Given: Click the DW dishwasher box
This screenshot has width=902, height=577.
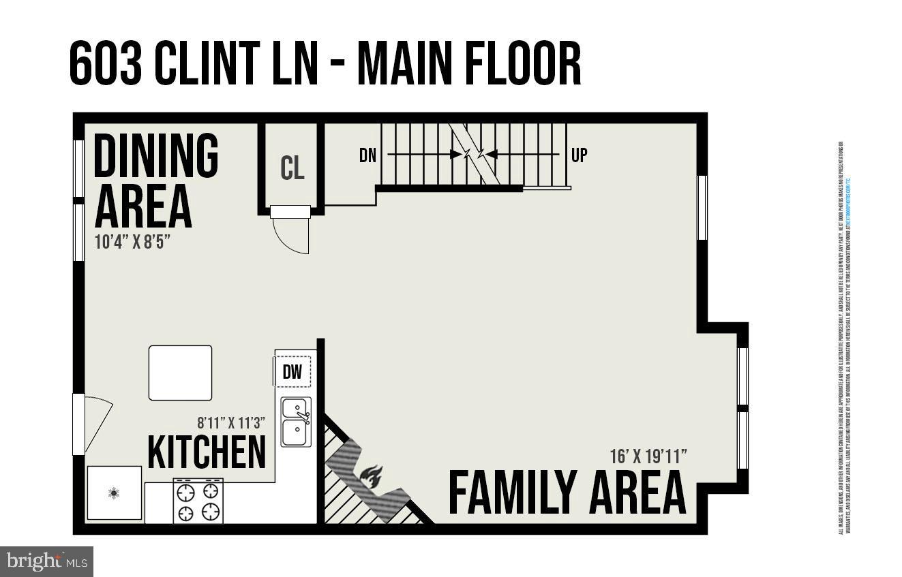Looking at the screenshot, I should click(x=292, y=372).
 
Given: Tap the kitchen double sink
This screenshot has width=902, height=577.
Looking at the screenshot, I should click(x=297, y=422).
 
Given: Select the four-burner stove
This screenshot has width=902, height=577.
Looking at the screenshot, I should click(x=198, y=501).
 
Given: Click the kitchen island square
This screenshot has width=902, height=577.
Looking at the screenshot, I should click(x=180, y=373).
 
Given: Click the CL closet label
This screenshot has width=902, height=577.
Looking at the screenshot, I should click(x=292, y=168).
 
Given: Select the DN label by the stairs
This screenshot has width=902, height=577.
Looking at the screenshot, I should click(x=368, y=155).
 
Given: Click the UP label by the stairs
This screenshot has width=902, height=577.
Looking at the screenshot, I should click(x=579, y=155).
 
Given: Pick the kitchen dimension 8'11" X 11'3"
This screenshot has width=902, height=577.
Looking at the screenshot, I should click(x=231, y=422).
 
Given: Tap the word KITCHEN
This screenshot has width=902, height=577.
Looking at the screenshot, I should click(x=207, y=452).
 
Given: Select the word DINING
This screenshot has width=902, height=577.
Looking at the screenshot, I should click(x=155, y=155).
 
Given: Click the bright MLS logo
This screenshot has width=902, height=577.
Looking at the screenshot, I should click(x=46, y=561).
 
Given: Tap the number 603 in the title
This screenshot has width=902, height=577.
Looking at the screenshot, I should click(x=106, y=63).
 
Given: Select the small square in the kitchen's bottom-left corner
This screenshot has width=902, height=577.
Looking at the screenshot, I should click(x=115, y=493).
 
